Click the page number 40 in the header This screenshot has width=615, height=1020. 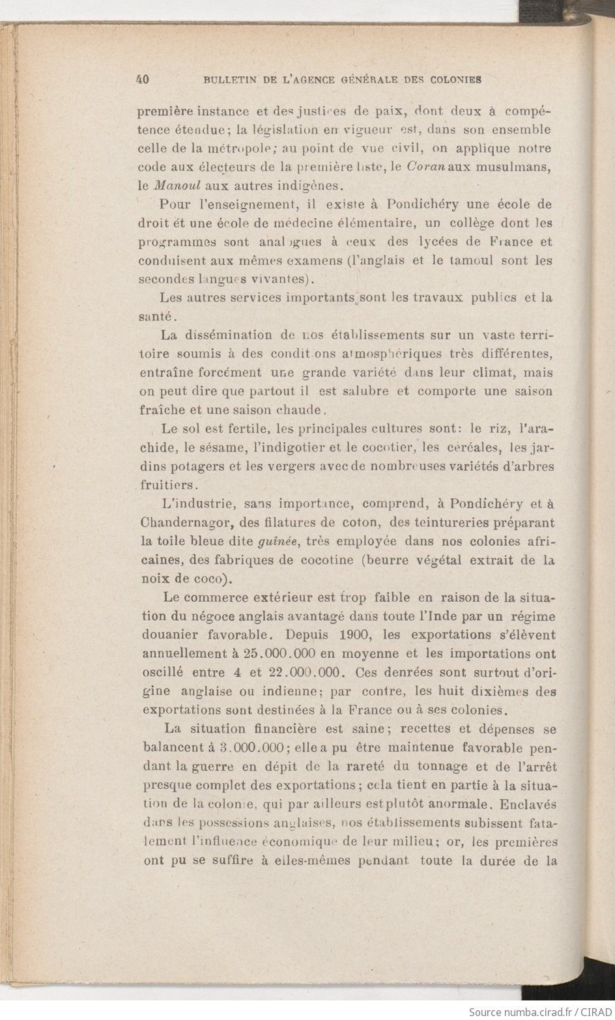143,79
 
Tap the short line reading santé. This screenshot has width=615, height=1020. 156,317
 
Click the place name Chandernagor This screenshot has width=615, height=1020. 180,522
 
